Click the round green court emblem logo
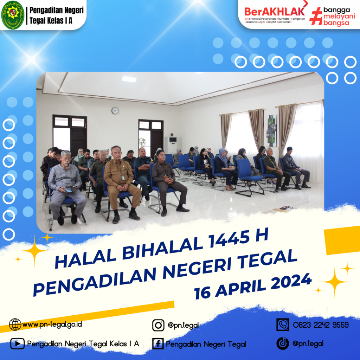click(13, 15)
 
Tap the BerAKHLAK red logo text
click(274, 12)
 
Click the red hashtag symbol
click(316, 16)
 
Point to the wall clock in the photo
click(115, 111)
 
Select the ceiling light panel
click(129, 79)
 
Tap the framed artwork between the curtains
click(272, 131)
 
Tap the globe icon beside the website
click(15, 324)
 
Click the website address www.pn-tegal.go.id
click(52, 324)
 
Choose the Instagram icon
click(158, 325)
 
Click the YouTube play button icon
click(17, 344)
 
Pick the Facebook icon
click(158, 344)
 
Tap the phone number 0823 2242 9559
click(321, 325)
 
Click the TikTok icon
click(283, 343)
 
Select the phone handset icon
click(283, 324)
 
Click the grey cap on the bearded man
click(66, 153)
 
